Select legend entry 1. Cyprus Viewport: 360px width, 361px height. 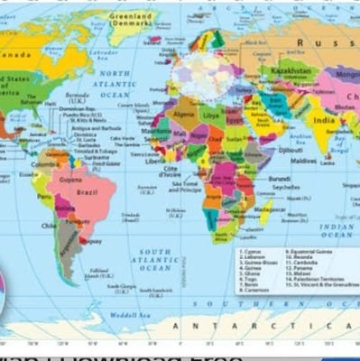[253, 252]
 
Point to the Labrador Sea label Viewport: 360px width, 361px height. [99, 45]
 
